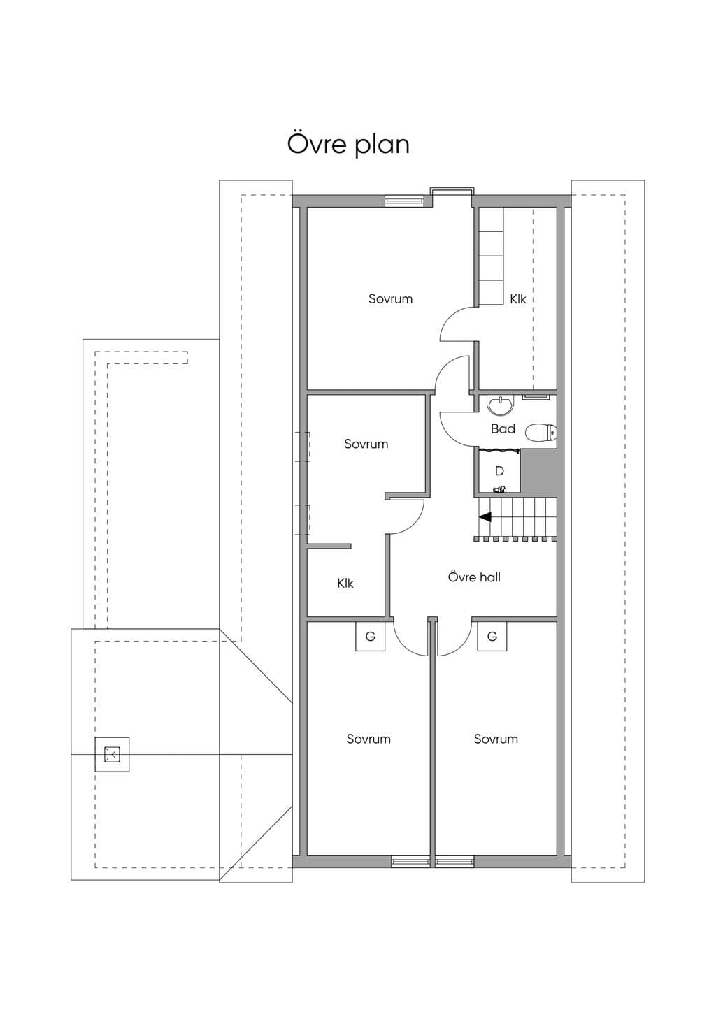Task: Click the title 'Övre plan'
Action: (x=348, y=144)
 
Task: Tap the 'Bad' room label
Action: (x=503, y=428)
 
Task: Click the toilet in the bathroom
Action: (x=540, y=433)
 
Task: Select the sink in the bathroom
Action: (x=501, y=405)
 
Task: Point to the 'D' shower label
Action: (x=499, y=471)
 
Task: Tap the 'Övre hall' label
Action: (x=474, y=577)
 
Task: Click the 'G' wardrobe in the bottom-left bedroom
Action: (x=370, y=637)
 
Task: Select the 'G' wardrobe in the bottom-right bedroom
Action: (x=492, y=637)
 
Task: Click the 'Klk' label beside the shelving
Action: (x=518, y=298)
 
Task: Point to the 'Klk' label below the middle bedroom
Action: (x=345, y=584)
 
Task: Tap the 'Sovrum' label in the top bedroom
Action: (x=391, y=298)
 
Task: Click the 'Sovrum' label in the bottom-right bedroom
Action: (x=496, y=739)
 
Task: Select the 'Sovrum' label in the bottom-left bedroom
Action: (x=368, y=739)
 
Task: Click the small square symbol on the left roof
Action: (x=112, y=754)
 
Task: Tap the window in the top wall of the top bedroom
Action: (x=405, y=200)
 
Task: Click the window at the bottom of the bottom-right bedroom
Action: (x=454, y=861)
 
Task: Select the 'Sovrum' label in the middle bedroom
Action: (x=366, y=444)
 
